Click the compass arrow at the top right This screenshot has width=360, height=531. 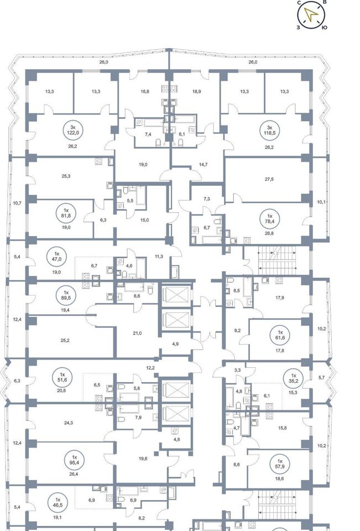pos(311,14)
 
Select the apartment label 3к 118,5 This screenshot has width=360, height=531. pos(269,130)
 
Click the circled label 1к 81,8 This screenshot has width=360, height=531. pos(66,213)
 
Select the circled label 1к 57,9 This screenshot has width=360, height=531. pos(280,464)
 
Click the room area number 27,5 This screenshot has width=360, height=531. pos(269,179)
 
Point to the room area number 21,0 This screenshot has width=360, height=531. pos(137,333)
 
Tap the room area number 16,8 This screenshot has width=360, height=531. pos(145,91)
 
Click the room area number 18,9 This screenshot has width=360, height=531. pos(196,91)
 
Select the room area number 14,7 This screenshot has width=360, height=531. pos(203,165)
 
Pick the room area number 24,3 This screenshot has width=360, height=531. pos(69,423)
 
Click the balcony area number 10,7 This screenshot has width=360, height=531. pos(17,203)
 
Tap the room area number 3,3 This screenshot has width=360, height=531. pos(237,370)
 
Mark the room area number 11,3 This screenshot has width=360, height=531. pos(159,256)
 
